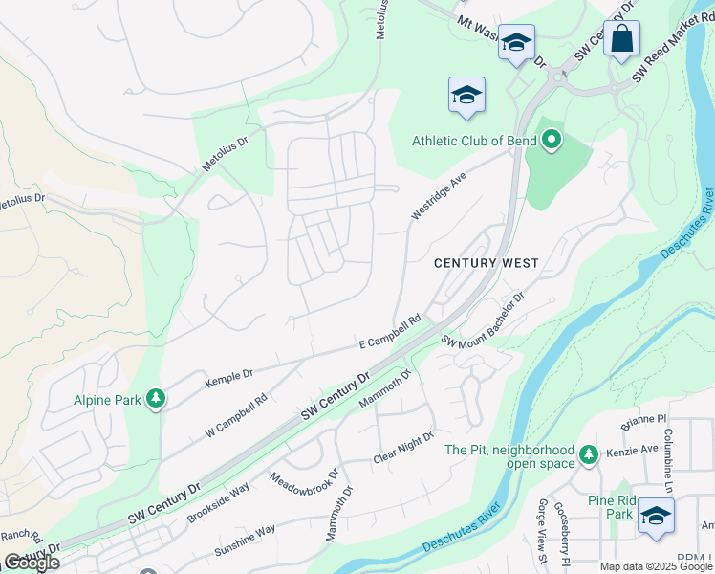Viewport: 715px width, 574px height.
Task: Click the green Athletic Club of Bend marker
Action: [551, 142]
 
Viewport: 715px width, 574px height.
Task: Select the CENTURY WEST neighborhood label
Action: [487, 263]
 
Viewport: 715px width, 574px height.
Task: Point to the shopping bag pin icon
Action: [621, 40]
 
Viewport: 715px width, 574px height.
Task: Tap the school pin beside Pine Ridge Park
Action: [655, 517]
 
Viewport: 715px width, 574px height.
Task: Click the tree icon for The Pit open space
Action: [589, 452]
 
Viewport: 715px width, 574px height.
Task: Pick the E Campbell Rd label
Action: [390, 332]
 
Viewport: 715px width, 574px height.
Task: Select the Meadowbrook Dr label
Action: [305, 488]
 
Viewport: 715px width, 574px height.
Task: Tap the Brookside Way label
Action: [218, 501]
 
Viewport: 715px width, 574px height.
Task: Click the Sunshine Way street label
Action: [245, 541]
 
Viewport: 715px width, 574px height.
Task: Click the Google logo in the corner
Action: [31, 563]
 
